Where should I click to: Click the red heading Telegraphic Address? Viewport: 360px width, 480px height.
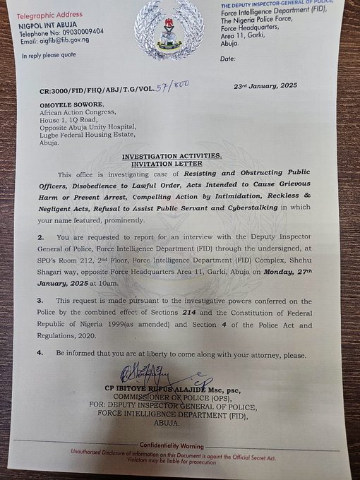pos(51,13)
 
